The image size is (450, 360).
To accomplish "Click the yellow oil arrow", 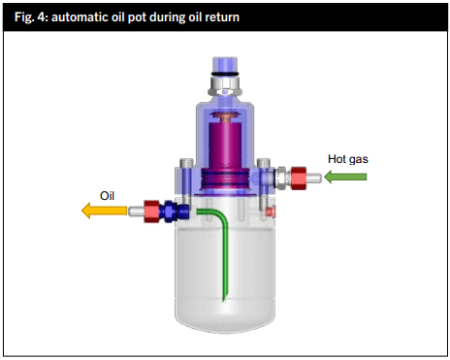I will click(101, 209).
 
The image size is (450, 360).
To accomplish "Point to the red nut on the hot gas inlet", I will click(302, 178).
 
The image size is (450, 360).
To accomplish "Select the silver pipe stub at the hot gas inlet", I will click(318, 178).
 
